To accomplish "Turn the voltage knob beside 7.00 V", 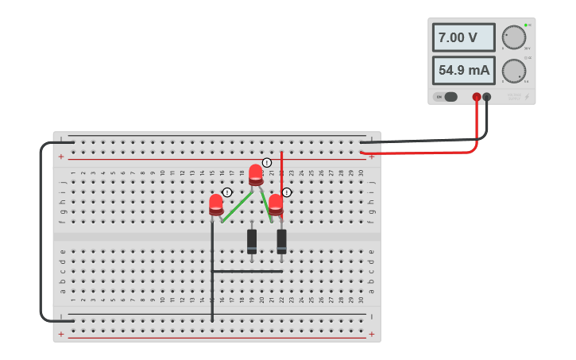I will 514,37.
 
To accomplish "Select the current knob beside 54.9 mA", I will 514,71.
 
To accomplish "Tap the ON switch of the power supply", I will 446,97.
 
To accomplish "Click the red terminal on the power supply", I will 477,97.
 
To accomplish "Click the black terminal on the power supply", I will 487,97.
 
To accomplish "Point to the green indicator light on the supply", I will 526,25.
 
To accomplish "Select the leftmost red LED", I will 216,203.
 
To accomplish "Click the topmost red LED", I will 256,174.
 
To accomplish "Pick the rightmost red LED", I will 276,203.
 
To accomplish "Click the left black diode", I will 252,240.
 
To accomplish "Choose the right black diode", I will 281,240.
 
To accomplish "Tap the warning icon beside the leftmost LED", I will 227,192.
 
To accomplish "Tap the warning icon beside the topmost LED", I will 267,163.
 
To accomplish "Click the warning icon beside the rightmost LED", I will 287,192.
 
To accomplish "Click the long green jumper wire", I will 236,207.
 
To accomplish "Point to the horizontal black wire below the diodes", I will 247,271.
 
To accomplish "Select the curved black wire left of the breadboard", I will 41,230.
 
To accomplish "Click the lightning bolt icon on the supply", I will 527,97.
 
